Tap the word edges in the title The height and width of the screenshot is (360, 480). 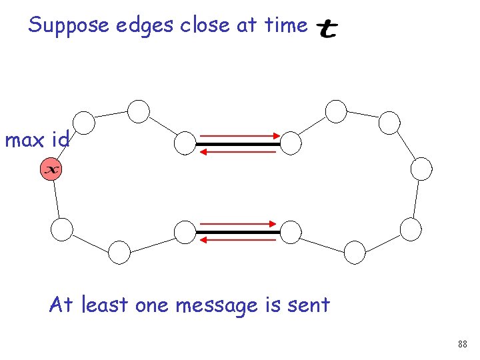pyautogui.click(x=137, y=26)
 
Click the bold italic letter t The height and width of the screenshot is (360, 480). pyautogui.click(x=327, y=29)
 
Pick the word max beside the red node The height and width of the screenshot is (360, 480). pyautogui.click(x=25, y=141)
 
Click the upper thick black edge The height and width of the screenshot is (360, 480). pyautogui.click(x=238, y=143)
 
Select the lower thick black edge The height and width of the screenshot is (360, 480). pyautogui.click(x=238, y=232)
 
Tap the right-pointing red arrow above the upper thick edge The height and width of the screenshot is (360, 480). pyautogui.click(x=238, y=135)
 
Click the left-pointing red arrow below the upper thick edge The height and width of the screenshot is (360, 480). pyautogui.click(x=238, y=152)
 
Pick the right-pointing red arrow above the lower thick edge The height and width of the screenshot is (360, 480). pyautogui.click(x=238, y=224)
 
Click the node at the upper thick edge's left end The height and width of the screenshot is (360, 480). pyautogui.click(x=185, y=142)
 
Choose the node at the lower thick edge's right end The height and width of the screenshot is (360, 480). pyautogui.click(x=291, y=231)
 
